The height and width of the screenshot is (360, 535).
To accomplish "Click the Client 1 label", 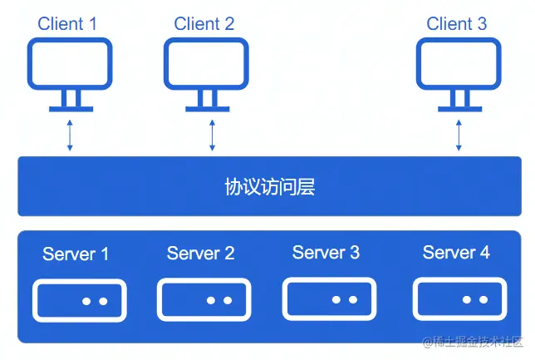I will coord(67,23).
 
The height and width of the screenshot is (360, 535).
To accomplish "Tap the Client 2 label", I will coord(204,23).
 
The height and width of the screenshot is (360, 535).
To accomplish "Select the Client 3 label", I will coord(457,23).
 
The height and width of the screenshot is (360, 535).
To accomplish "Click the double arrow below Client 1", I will coord(70,134).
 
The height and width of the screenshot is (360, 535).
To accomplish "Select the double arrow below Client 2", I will coord(212,134).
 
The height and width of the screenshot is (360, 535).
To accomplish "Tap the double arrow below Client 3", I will coord(459,134).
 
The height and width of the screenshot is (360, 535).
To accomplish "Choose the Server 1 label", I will coord(76,254).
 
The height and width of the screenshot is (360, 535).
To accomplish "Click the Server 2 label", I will coord(201,253).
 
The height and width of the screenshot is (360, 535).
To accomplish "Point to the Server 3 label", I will coord(326,252).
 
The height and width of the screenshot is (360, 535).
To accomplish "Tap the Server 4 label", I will coord(456,252).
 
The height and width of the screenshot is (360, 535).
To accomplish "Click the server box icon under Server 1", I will coord(80,301).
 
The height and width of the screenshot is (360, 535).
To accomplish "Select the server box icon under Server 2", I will coord(204,300).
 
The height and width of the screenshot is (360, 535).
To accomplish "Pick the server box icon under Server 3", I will coord(329,299).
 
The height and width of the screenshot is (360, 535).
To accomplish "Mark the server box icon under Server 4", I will coord(459,299).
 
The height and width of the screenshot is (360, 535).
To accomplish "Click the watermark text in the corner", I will coord(474,342).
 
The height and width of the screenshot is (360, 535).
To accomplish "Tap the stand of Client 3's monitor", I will coord(458,101).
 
